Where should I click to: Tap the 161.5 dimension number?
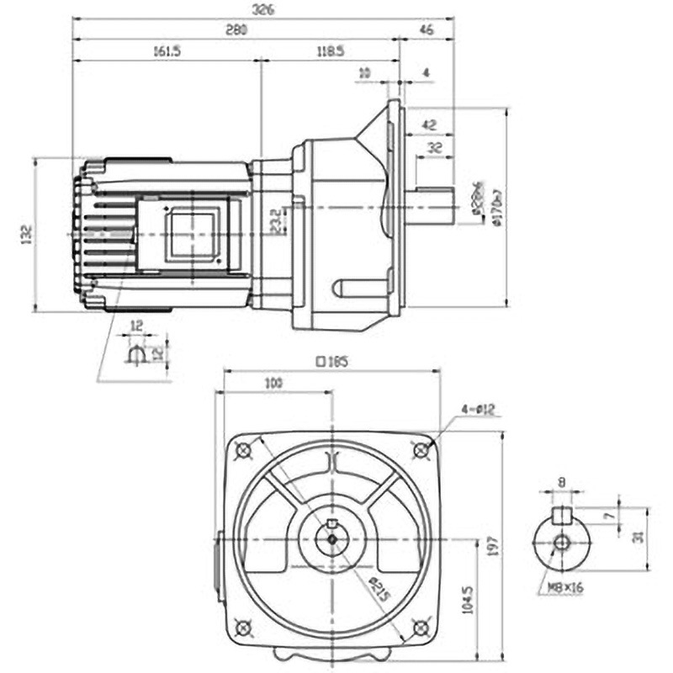pos(168,51)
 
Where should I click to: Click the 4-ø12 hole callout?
pos(480,411)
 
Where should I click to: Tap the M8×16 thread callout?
pos(568,588)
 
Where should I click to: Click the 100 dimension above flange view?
pos(273,384)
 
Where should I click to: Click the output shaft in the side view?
pos(433,207)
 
